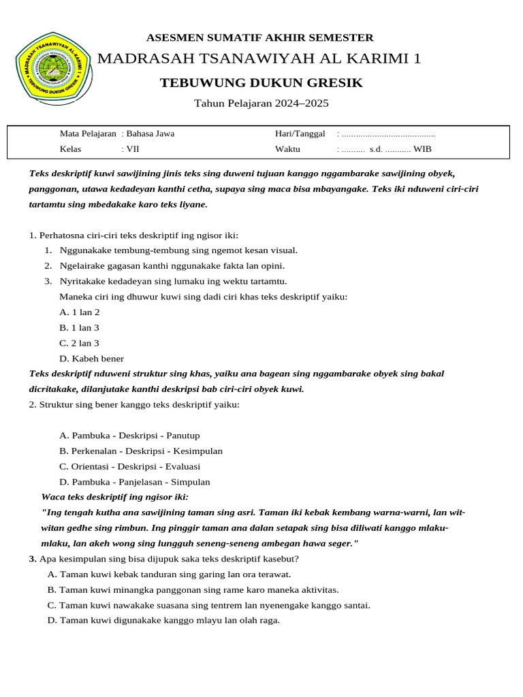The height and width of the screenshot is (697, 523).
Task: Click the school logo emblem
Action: click(52, 69)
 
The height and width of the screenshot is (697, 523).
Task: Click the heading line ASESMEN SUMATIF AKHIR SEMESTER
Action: click(260, 37)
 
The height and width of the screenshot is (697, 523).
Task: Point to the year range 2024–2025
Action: click(302, 103)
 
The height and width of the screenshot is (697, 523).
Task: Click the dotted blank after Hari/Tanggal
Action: click(389, 133)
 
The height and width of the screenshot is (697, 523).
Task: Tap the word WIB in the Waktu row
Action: click(422, 149)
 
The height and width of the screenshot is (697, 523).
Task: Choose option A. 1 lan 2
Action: click(80, 312)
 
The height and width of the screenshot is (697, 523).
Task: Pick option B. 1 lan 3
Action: click(80, 328)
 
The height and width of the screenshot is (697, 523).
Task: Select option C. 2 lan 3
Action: click(80, 344)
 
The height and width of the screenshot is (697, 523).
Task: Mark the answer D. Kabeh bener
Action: click(92, 359)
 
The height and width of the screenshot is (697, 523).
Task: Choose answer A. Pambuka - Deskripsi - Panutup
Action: click(130, 436)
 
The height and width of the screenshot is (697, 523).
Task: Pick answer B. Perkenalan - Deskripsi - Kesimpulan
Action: click(141, 451)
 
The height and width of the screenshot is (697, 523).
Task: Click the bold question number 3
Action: click(32, 559)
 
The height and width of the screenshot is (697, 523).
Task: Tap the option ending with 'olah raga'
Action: click(163, 620)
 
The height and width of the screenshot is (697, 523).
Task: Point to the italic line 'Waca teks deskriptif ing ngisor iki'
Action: click(115, 498)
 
